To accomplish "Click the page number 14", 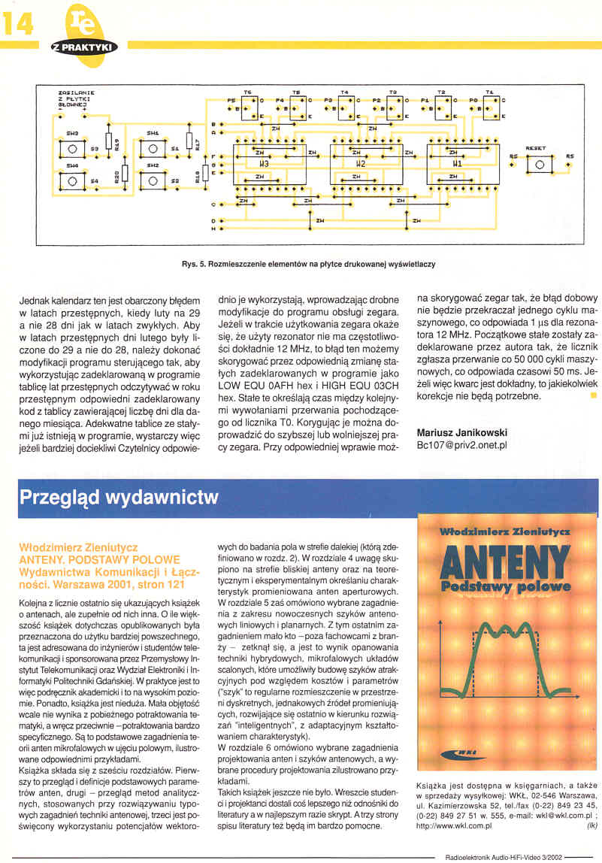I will [18, 24].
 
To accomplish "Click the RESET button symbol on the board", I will [539, 165].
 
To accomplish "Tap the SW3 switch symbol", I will [72, 147].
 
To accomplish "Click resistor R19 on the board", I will [110, 141].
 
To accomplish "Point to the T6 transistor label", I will [249, 91].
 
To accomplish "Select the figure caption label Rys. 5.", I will [194, 264].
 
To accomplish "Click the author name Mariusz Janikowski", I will [461, 432].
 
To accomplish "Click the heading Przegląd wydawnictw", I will [119, 497].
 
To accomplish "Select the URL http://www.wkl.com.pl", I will [453, 825].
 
